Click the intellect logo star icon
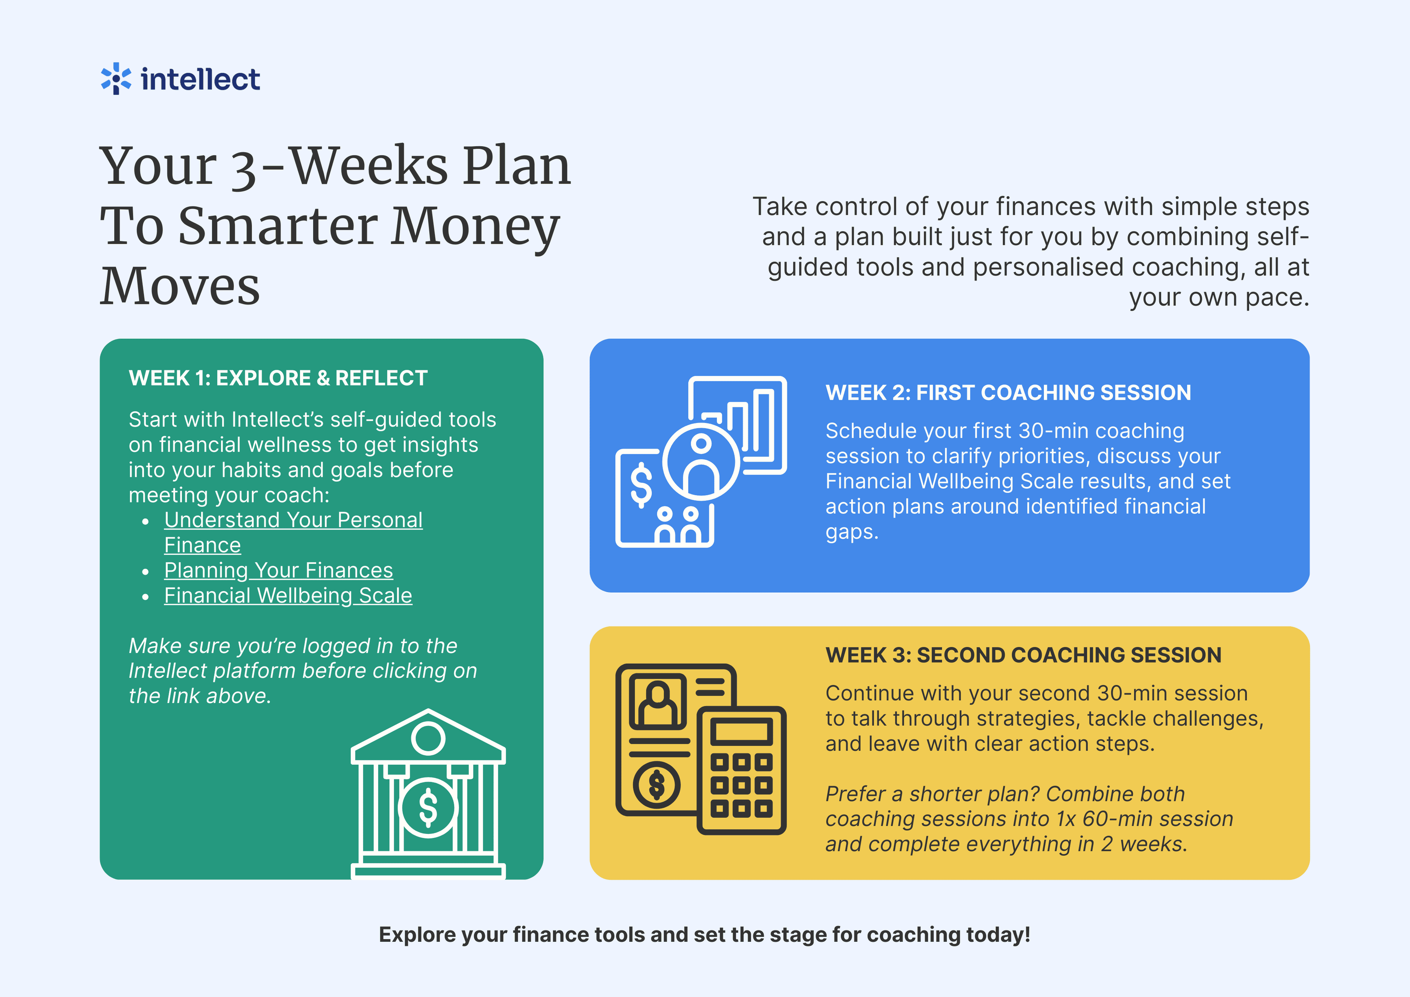[x=115, y=79]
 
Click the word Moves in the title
[x=180, y=286]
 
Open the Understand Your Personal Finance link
[x=293, y=533]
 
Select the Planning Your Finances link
[x=278, y=570]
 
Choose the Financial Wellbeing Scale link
[x=288, y=595]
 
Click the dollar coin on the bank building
[x=428, y=807]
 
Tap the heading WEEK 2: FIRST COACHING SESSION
[x=1008, y=393]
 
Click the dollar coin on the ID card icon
[x=656, y=785]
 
